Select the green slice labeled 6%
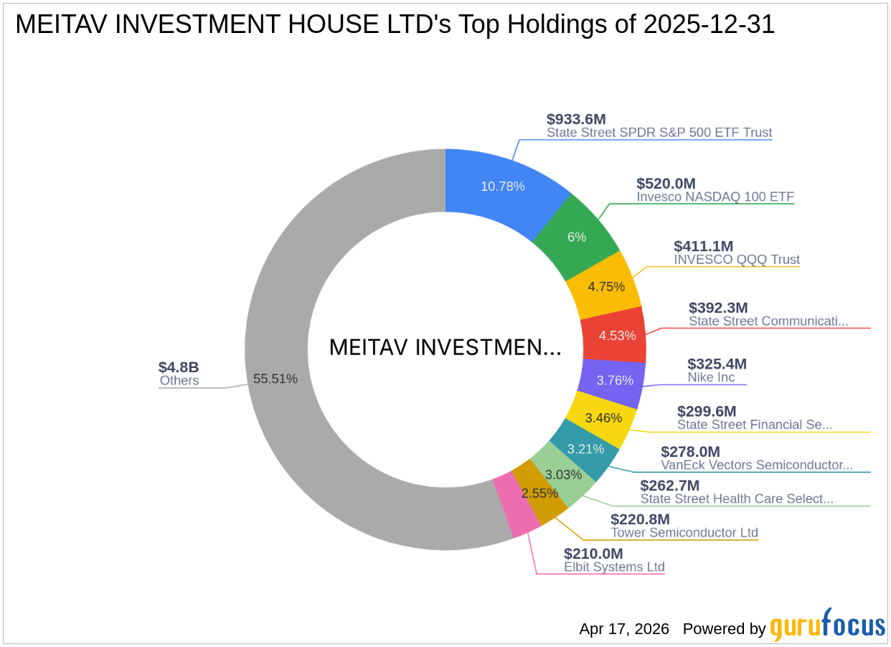[577, 237]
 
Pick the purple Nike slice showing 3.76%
[615, 380]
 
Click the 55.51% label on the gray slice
[275, 379]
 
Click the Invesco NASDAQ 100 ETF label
[715, 197]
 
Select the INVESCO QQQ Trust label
[737, 260]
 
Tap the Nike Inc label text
[711, 378]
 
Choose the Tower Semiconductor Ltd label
[684, 533]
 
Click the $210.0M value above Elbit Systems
[593, 553]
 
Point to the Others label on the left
[179, 381]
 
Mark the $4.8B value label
[179, 367]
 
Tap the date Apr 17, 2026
[624, 629]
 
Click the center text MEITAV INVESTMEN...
[445, 348]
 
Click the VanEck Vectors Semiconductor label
[757, 465]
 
